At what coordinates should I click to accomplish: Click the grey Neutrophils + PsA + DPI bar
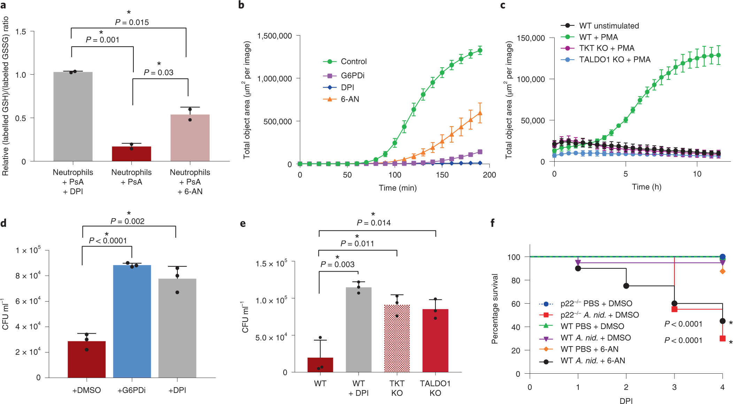point(73,116)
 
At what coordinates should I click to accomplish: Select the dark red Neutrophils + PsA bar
point(131,154)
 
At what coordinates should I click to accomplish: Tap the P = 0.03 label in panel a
point(159,73)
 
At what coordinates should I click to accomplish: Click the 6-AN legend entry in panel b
point(349,99)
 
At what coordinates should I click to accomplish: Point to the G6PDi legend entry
point(352,76)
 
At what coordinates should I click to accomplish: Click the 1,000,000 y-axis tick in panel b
point(274,79)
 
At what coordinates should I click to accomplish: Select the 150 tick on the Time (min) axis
point(442,175)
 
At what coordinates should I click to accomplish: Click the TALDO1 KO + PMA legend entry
point(614,60)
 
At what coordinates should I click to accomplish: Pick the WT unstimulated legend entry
point(609,26)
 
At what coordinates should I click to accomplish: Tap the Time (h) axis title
point(646,187)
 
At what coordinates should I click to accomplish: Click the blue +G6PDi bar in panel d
point(132,321)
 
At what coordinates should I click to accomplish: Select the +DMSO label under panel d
point(86,390)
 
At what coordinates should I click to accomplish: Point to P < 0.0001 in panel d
point(108,241)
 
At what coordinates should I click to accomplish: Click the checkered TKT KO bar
point(397,338)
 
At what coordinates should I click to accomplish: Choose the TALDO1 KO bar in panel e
point(435,340)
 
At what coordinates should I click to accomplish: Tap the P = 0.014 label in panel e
point(373,223)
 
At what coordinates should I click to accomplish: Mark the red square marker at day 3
point(674,309)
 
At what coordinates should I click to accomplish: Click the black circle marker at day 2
point(626,286)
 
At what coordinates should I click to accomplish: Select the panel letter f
point(493,223)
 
